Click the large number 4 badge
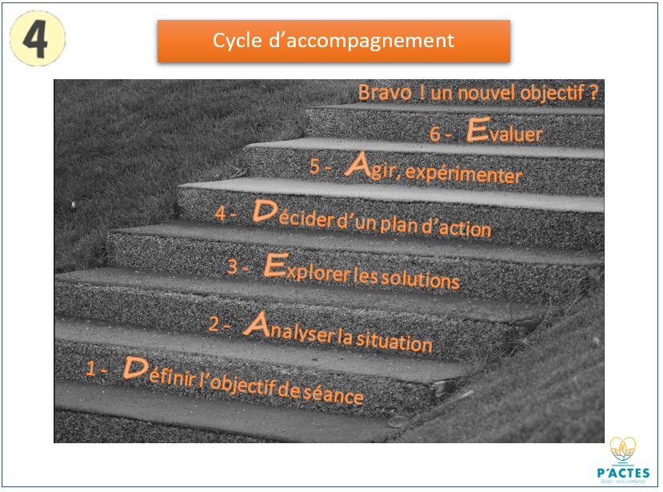[37, 37]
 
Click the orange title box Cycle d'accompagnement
[333, 41]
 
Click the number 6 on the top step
[435, 134]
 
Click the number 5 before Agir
[315, 166]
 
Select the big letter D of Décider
[264, 211]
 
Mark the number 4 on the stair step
[222, 214]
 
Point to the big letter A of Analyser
[256, 323]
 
